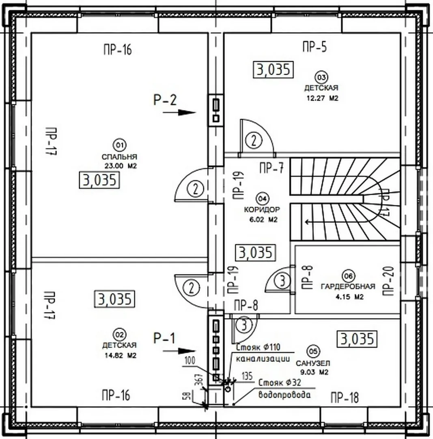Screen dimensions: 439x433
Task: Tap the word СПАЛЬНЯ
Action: [x=119, y=157]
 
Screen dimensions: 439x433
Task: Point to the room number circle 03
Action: [x=321, y=77]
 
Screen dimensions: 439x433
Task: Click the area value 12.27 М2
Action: [x=321, y=98]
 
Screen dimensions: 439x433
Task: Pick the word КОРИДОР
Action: [x=262, y=210]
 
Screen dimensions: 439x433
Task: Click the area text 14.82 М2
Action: [x=120, y=355]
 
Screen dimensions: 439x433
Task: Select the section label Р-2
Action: [x=165, y=100]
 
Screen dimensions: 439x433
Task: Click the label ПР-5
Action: [x=314, y=48]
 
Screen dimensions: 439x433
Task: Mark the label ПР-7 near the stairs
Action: [x=271, y=168]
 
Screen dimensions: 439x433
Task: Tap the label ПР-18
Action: [x=345, y=398]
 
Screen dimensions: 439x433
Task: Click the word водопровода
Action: [x=284, y=394]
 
